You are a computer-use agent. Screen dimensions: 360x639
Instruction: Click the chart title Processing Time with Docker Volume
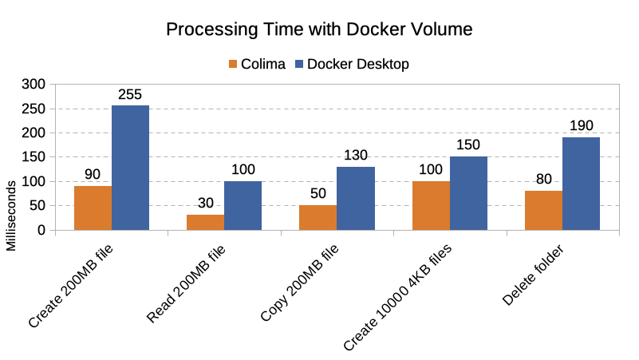coord(319,30)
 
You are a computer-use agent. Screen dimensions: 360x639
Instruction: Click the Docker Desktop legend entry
coord(351,64)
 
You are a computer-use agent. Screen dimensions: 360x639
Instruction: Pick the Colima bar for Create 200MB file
coord(93,208)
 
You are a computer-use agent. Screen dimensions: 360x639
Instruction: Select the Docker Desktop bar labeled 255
coord(130,168)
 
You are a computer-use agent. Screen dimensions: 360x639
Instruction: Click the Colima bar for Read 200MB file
coord(205,223)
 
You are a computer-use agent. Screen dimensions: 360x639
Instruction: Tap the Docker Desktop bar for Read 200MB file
coord(243,206)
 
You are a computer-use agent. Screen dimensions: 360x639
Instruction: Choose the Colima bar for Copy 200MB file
coord(318,218)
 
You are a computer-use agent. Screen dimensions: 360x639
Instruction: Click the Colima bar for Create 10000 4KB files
coord(431,206)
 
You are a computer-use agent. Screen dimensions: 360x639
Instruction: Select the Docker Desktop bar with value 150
coord(468,193)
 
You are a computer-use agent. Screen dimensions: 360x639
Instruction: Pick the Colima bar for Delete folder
coord(543,211)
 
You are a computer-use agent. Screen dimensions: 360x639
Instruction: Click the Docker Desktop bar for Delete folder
coord(581,184)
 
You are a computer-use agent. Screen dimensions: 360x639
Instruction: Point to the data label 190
coord(581,126)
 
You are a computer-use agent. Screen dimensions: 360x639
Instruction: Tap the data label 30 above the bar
coord(205,204)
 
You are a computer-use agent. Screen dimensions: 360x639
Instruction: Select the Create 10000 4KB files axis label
coord(399,297)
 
